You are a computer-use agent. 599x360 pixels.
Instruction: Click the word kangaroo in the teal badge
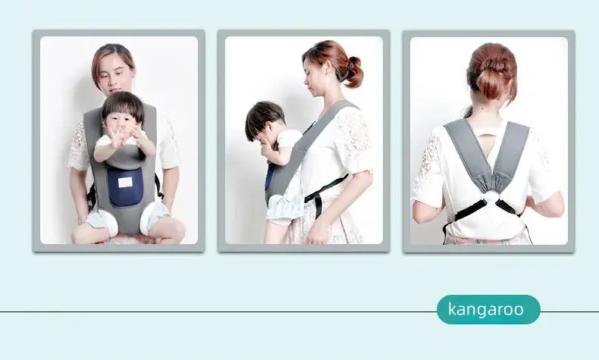pos(485,309)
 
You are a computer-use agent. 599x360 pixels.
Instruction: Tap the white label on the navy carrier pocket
pos(125,182)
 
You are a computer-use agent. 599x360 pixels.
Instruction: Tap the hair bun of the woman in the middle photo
pos(352,71)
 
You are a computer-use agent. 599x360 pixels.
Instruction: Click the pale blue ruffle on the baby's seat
pos(284,205)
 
